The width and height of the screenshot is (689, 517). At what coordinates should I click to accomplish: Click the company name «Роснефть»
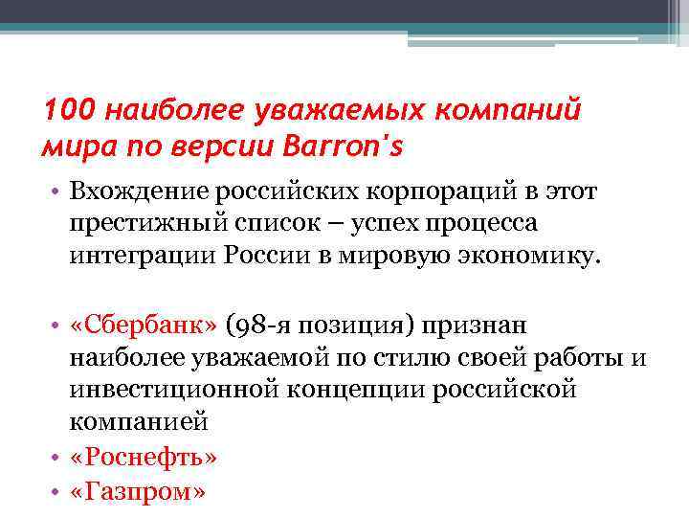point(144,456)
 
